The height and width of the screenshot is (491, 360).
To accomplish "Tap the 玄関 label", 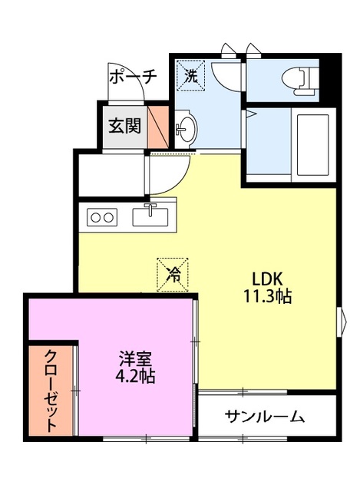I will coord(124,125).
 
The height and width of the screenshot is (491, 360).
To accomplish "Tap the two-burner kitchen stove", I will coord(102,217).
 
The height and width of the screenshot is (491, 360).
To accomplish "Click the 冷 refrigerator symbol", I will coord(174,274).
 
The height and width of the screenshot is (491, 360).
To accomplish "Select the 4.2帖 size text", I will coord(135,377).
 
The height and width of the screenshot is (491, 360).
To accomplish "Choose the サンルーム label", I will coord(265,417).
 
